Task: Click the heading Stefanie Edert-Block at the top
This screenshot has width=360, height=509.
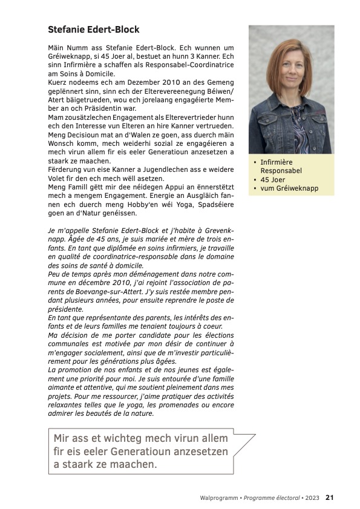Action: (x=94, y=29)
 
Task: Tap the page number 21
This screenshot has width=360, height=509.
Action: (x=330, y=498)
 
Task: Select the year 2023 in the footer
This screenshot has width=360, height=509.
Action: (x=313, y=498)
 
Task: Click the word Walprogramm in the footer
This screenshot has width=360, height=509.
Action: (x=218, y=498)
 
